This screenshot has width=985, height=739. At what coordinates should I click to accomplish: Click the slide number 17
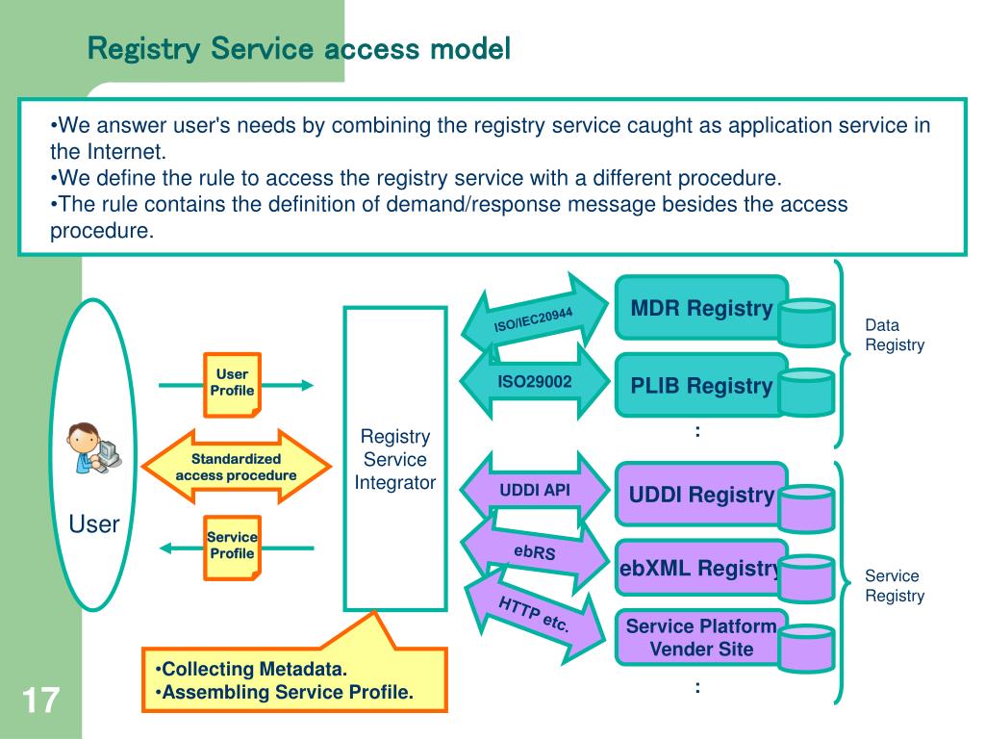40,701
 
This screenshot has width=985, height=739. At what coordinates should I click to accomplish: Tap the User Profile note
233,385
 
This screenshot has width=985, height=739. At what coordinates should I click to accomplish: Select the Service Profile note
233,548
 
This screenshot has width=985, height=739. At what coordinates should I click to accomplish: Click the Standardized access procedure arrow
237,467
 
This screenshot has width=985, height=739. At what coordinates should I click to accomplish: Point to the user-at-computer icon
94,447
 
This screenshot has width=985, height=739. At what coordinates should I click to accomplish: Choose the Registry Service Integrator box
395,459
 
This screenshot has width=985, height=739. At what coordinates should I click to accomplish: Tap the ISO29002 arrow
535,381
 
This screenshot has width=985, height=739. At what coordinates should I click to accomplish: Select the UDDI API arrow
535,490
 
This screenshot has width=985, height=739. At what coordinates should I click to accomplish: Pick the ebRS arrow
535,551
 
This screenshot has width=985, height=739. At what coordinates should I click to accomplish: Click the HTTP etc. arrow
535,614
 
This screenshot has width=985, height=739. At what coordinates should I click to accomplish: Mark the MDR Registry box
701,308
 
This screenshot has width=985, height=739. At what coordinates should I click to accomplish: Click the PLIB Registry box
701,385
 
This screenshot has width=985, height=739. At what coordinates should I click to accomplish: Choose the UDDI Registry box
701,495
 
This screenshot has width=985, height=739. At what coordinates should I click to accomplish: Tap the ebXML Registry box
701,568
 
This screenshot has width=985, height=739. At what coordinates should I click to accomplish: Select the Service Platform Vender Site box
701,637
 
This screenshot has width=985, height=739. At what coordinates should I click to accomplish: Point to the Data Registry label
895,335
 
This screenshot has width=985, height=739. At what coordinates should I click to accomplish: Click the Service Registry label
895,586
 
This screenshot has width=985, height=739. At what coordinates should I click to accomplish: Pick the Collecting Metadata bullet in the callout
251,670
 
